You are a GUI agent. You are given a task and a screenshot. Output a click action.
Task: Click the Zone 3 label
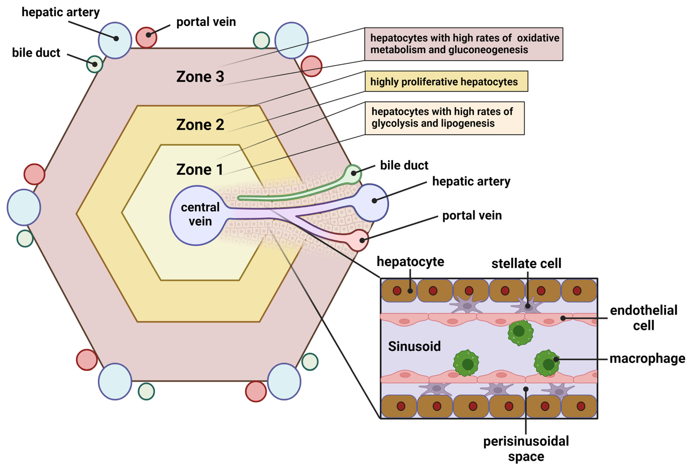tap(200, 77)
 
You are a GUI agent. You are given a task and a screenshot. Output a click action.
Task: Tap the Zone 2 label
tap(200, 125)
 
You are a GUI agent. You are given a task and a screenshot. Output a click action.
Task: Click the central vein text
tap(200, 214)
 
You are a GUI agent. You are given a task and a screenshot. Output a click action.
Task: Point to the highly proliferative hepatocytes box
tap(446, 81)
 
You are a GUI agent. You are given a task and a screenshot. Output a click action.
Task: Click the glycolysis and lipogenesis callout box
tap(444, 118)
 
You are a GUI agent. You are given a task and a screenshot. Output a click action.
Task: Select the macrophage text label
tap(647, 358)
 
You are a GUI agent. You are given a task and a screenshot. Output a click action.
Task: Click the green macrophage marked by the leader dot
tap(547, 363)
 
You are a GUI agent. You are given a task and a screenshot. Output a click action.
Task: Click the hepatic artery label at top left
tap(61, 12)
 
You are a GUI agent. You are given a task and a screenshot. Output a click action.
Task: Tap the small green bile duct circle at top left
tap(95, 64)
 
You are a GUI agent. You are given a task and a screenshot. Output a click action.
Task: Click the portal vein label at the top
tap(206, 22)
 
